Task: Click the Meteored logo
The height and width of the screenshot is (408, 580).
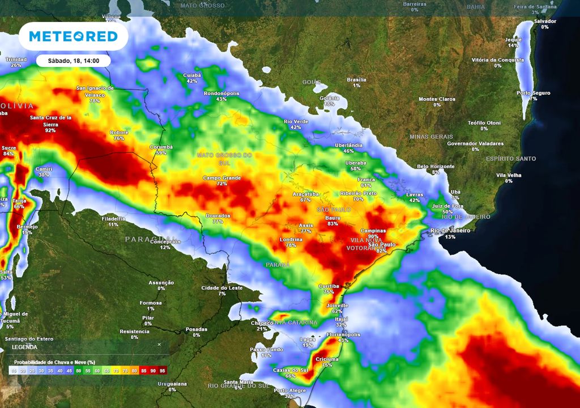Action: coord(73,36)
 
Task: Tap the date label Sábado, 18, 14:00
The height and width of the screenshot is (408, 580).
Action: coord(73,61)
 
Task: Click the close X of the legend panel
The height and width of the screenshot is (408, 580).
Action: coord(159,344)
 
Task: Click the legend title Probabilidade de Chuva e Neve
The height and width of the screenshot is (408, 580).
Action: coord(54,362)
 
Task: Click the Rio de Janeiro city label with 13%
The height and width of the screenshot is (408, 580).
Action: coord(451,231)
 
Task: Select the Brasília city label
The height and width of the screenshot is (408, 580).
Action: coord(356,79)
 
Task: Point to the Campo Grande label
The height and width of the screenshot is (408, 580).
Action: coord(222,178)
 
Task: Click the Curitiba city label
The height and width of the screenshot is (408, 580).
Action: coord(329,286)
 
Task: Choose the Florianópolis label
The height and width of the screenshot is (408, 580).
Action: coord(343,334)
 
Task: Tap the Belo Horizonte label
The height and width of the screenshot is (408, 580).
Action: coord(436,166)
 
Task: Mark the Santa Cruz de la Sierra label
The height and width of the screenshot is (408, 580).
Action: coord(50,121)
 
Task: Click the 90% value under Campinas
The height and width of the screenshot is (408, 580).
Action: coord(373,237)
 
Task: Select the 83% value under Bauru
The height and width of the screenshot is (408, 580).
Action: coord(333,224)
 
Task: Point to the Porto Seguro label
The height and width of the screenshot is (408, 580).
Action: coord(533,92)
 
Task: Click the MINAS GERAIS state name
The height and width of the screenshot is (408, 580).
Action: coord(431,137)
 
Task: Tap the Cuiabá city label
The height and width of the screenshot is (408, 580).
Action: coord(192,75)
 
